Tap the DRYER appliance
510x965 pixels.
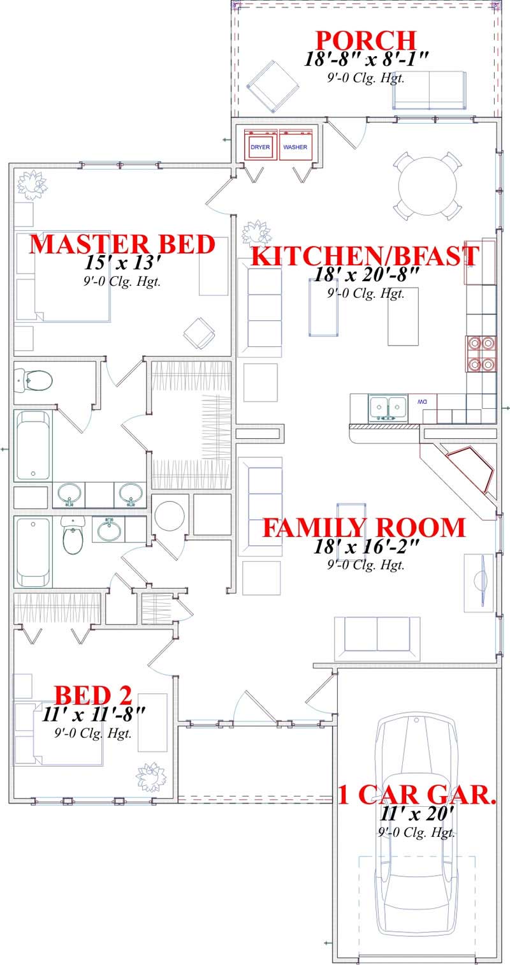point(260,147)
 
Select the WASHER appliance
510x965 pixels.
point(295,147)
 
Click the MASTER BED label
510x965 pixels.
point(122,244)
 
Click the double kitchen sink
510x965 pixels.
point(388,406)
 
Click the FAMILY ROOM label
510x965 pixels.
point(365,528)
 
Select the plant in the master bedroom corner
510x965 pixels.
point(32,184)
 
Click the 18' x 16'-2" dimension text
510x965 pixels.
point(365,546)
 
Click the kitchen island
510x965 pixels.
point(403,316)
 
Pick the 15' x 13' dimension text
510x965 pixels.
point(122,262)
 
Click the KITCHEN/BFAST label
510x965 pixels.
point(365,256)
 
